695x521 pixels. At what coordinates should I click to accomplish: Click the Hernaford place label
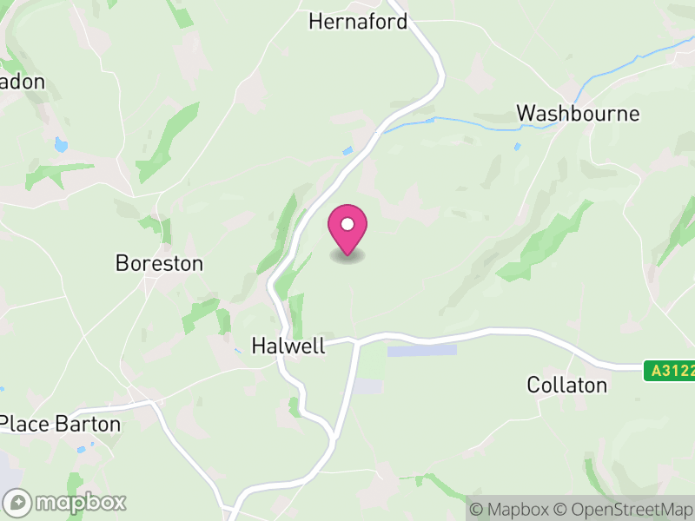point(358,22)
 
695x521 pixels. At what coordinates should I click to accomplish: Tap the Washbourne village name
point(578,114)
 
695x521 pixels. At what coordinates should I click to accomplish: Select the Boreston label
point(159,263)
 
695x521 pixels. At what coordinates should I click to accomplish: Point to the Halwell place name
point(288,346)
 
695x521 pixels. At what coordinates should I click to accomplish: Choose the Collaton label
point(566,385)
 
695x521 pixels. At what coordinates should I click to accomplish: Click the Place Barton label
point(60,424)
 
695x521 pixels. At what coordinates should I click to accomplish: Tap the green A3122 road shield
point(670,371)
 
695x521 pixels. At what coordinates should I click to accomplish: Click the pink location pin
point(347,228)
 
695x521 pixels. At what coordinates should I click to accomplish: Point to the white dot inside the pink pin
point(347,224)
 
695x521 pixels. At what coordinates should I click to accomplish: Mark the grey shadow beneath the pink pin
point(347,256)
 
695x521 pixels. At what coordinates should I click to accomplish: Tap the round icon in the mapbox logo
point(18,502)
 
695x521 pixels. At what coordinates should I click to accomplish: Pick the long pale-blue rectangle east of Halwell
point(421,350)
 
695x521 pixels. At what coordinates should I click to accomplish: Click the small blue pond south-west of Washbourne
point(516,146)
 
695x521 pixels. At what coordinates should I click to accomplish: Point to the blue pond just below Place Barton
point(81,449)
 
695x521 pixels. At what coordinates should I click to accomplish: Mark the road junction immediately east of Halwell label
point(357,341)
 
